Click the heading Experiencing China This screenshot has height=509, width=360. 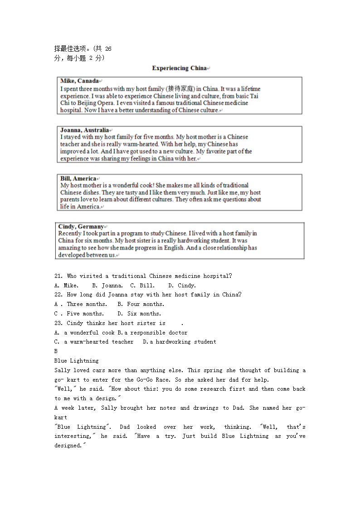coord(179,68)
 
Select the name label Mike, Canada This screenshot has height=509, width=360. coord(79,81)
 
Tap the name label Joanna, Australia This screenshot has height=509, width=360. coord(84,130)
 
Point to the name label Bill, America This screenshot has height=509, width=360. coord(78,178)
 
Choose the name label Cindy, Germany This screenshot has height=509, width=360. coord(81,226)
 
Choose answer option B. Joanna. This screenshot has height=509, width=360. coord(107,286)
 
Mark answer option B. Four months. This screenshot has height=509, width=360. coord(141,304)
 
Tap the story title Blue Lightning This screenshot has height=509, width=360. coord(76,361)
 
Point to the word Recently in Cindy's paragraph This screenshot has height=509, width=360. coord(70,233)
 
